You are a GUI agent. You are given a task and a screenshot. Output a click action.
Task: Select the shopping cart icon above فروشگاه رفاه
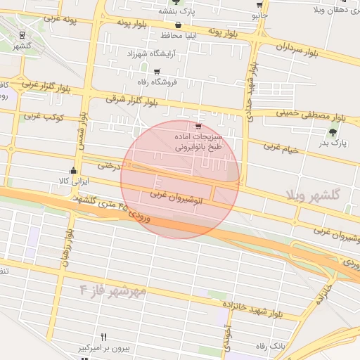156,71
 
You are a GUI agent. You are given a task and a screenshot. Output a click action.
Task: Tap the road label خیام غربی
281,148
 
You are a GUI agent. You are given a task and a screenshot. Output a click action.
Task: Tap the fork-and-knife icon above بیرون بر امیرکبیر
104,337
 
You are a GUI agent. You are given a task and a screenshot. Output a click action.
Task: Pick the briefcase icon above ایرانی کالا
74,170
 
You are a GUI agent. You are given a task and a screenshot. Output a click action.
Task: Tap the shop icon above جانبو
260,4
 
